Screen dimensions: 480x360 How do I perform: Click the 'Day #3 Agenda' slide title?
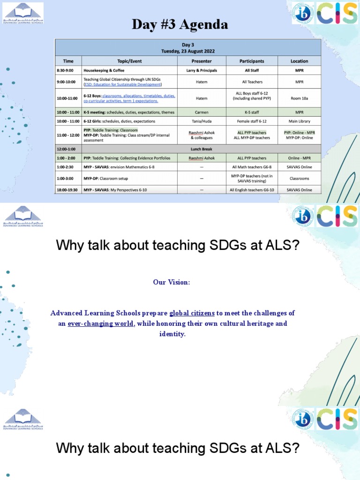pyautogui.click(x=180, y=24)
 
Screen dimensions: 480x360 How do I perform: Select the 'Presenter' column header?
pyautogui.click(x=202, y=61)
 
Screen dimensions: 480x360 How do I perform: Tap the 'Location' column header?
pyautogui.click(x=299, y=61)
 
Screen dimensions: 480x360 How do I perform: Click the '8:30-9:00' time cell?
pyautogui.click(x=68, y=70)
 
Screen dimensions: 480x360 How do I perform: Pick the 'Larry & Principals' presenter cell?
pyautogui.click(x=202, y=70)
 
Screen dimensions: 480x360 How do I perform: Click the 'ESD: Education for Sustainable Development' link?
pyautogui.click(x=123, y=85)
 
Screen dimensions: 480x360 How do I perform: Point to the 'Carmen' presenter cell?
pyautogui.click(x=202, y=112)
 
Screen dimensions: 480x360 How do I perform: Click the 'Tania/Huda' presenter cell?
pyautogui.click(x=202, y=121)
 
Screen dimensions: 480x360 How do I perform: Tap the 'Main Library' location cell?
pyautogui.click(x=299, y=121)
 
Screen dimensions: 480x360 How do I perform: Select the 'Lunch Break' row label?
pyautogui.click(x=201, y=149)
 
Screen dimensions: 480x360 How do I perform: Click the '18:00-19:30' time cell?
pyautogui.click(x=68, y=190)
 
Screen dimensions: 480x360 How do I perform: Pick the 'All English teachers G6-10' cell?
pyautogui.click(x=252, y=190)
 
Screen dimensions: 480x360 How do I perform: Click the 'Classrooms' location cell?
pyautogui.click(x=299, y=179)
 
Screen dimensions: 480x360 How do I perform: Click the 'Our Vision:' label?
pyautogui.click(x=172, y=282)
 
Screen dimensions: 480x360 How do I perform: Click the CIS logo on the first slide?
pyautogui.click(x=337, y=13)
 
